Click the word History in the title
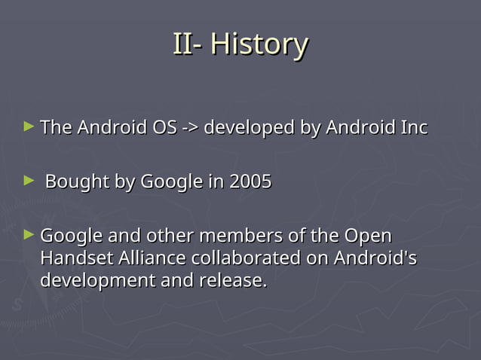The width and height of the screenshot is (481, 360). pyautogui.click(x=259, y=44)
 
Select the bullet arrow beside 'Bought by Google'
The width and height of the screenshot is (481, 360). pyautogui.click(x=29, y=180)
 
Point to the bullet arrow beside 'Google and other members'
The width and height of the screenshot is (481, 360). pyautogui.click(x=29, y=234)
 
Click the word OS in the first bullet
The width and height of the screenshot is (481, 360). pyautogui.click(x=164, y=127)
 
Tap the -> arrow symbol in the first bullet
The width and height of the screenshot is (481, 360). pyautogui.click(x=190, y=127)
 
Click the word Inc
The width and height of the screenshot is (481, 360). pyautogui.click(x=413, y=127)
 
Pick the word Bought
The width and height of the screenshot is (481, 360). pyautogui.click(x=75, y=182)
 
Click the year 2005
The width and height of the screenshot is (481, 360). pyautogui.click(x=250, y=182)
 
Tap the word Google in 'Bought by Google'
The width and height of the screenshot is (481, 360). pyautogui.click(x=171, y=182)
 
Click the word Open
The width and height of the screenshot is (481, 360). pyautogui.click(x=367, y=236)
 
